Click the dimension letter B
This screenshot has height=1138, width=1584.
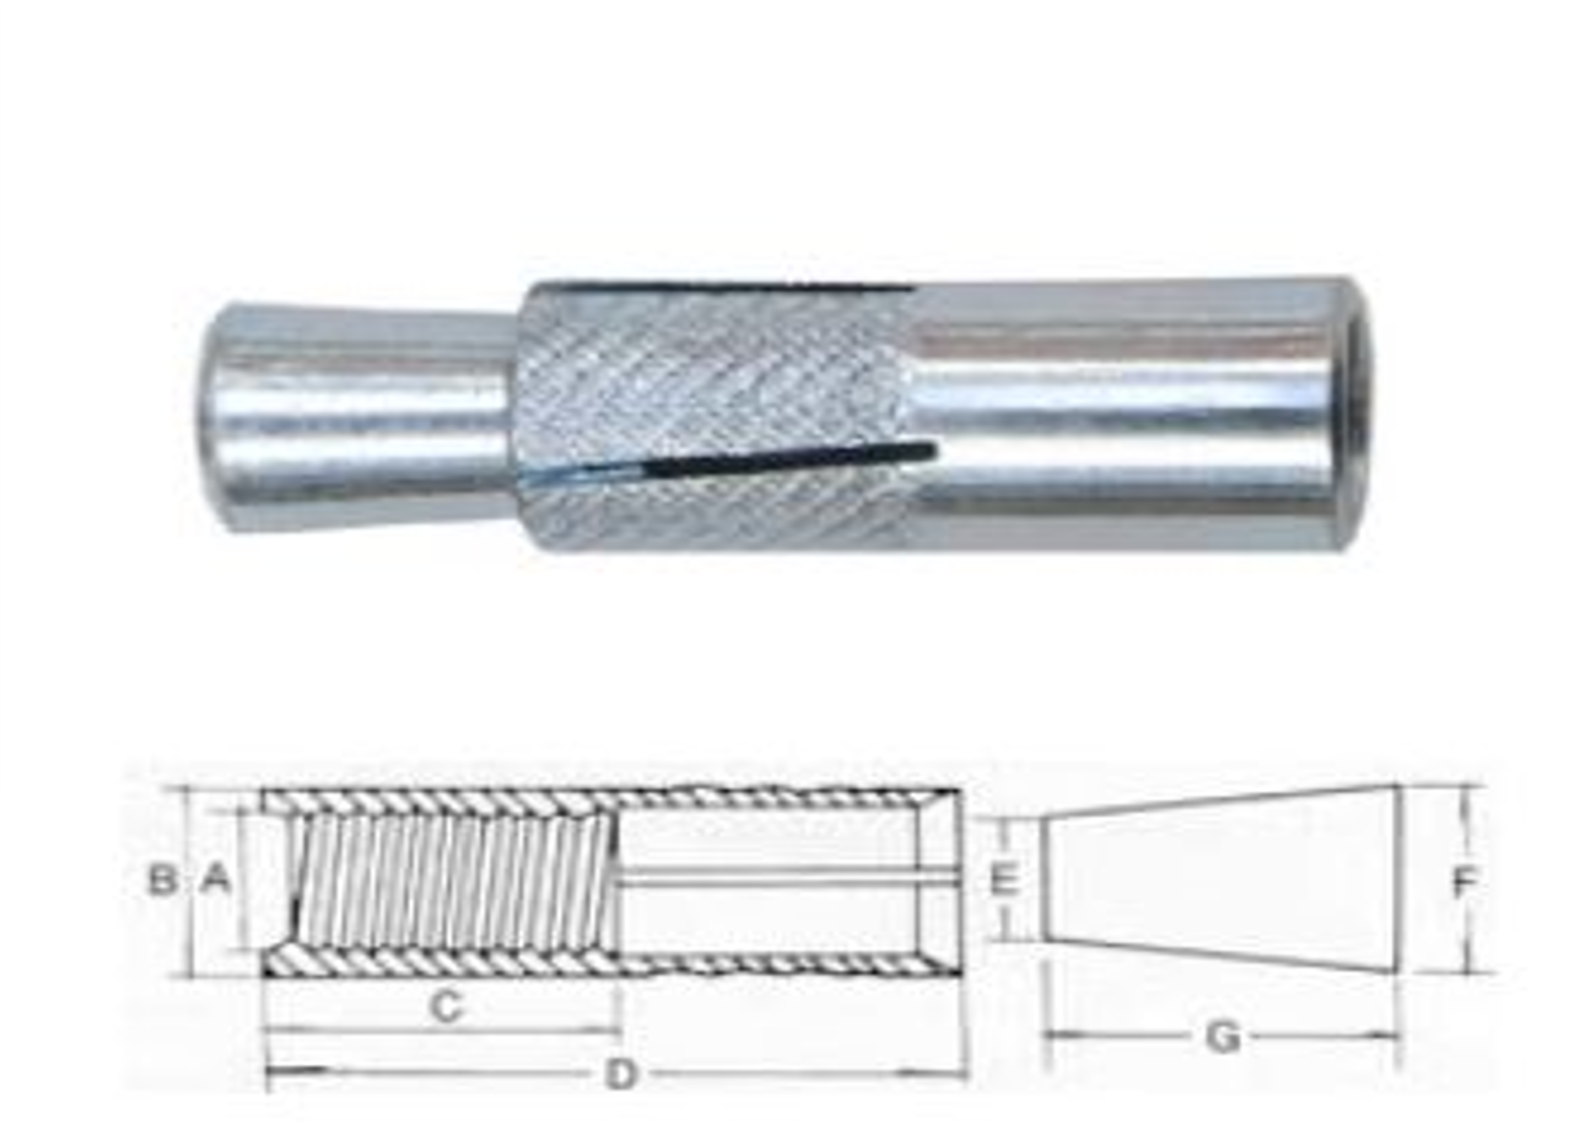(x=162, y=878)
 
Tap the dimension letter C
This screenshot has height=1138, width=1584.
(x=446, y=1006)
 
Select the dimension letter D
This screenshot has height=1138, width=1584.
(x=621, y=1074)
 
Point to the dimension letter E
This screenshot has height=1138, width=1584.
(x=1004, y=879)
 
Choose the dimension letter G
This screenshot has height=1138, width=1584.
(x=1223, y=1037)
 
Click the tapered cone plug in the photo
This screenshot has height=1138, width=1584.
(x=361, y=418)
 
